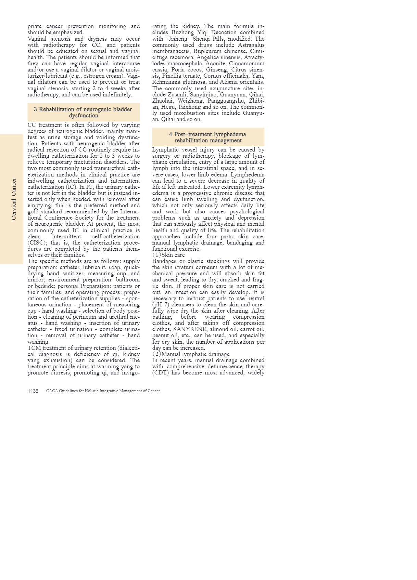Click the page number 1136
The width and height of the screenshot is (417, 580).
[x=33, y=391]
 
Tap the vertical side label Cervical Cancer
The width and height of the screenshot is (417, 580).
[x=14, y=199]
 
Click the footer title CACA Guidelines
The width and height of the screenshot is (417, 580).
[x=103, y=391]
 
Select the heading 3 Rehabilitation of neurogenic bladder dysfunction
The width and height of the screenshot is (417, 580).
[x=83, y=112]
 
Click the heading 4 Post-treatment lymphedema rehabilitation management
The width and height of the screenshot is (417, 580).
[x=208, y=137]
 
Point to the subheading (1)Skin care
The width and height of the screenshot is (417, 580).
[x=168, y=255]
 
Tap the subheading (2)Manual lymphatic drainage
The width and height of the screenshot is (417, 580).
[x=191, y=354]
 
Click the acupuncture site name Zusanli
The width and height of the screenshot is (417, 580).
[x=177, y=94]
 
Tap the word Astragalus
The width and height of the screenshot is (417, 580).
[x=251, y=45]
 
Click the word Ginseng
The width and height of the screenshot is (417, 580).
[x=217, y=69]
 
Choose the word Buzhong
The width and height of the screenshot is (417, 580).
[x=183, y=32]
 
